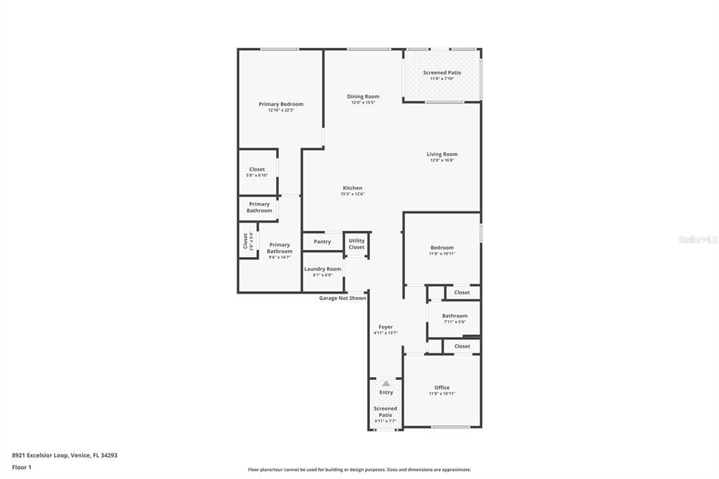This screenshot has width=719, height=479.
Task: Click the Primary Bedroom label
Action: pos(281,105)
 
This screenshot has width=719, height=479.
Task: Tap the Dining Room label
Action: pos(363,97)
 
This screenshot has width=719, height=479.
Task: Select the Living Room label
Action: pos(442,155)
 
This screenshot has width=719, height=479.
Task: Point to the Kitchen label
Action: pos(352,188)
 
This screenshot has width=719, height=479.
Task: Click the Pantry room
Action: pos(322,242)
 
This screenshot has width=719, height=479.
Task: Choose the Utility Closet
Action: pos(357,244)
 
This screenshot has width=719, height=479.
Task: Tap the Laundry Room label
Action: pos(322,269)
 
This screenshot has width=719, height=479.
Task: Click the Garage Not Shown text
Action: pos(343,298)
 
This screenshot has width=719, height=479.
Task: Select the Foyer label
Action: pos(385,327)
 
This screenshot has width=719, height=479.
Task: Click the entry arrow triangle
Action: pos(385,383)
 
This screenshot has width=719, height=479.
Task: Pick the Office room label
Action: pos(442,388)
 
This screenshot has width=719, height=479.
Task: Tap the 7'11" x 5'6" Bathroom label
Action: pos(454,316)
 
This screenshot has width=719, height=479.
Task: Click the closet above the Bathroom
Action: pos(462,292)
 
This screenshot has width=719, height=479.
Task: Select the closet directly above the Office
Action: pos(462,346)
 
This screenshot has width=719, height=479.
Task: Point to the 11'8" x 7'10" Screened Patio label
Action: pos(442,73)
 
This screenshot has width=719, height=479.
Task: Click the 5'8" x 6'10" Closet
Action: pos(257,170)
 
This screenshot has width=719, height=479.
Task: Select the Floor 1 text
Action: pos(22,467)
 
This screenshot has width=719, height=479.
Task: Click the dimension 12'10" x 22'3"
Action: pos(281,110)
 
